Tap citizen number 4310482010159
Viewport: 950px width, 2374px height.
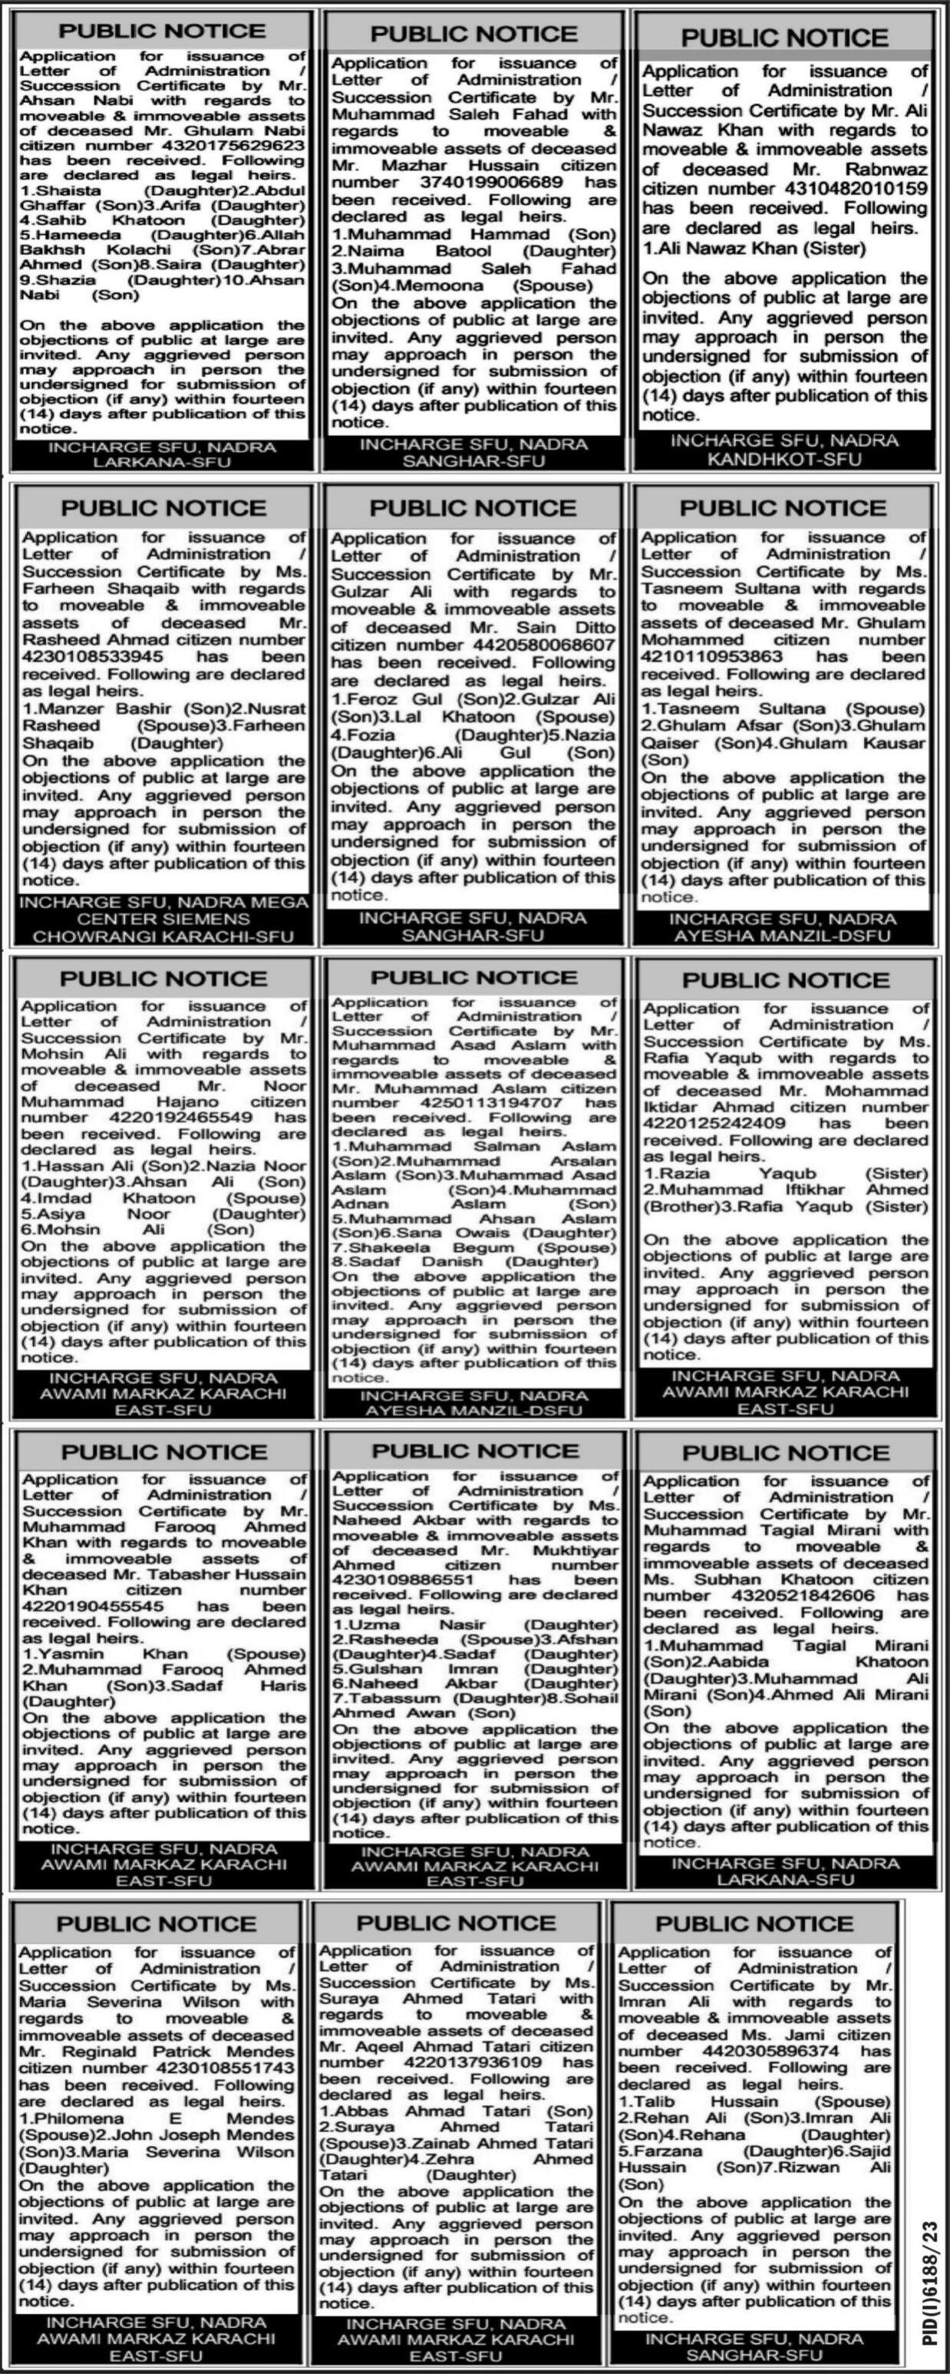tap(848, 189)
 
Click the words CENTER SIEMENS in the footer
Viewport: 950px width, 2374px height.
tap(163, 919)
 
